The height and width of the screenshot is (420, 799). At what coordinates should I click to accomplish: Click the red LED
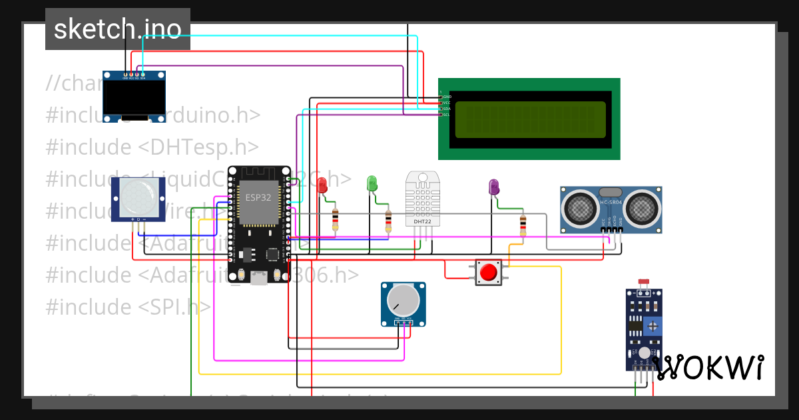click(x=323, y=185)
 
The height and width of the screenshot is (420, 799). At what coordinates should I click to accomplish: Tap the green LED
click(x=372, y=183)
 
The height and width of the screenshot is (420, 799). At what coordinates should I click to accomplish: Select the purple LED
click(x=493, y=187)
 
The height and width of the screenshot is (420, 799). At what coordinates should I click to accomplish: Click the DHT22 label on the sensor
click(x=422, y=221)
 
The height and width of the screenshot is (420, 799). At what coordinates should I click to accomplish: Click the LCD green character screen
click(x=530, y=119)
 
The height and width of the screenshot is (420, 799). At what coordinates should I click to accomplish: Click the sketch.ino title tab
click(x=118, y=29)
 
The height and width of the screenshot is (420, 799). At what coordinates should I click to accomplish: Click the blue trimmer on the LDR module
click(x=654, y=326)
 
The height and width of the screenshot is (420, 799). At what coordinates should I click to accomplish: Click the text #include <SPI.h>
click(x=128, y=307)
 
